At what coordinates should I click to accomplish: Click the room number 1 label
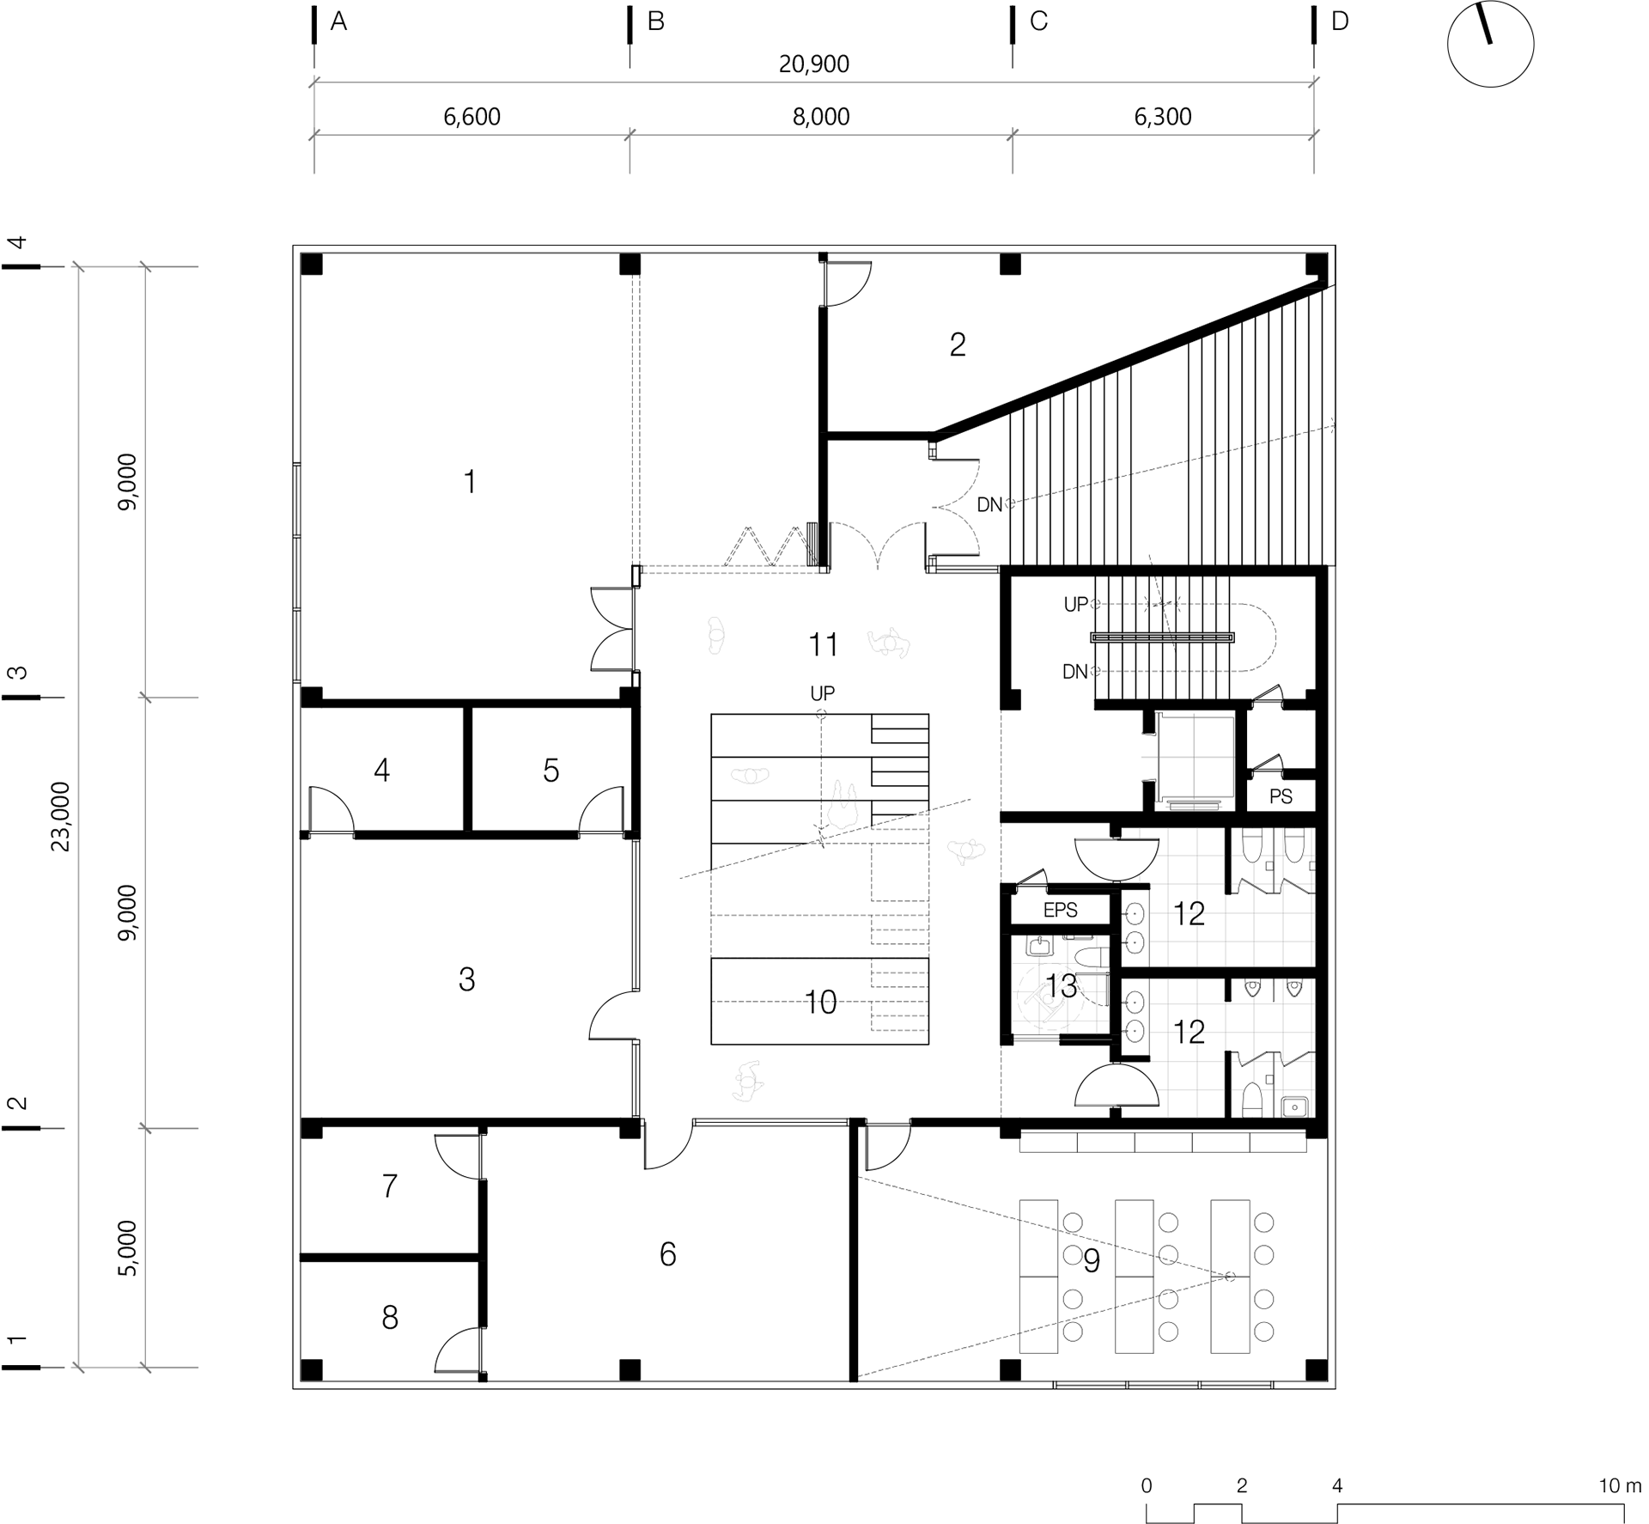(470, 482)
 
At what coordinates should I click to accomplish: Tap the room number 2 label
(958, 344)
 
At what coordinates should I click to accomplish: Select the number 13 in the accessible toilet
(1062, 986)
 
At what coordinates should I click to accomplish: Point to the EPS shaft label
(1060, 910)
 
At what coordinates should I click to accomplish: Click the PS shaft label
(1281, 796)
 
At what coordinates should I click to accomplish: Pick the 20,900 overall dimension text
(814, 64)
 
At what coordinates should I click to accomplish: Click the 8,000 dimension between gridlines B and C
(821, 117)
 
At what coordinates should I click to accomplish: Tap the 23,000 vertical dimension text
(61, 816)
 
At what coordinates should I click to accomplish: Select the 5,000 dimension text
(127, 1248)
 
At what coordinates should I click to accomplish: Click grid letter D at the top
(1340, 21)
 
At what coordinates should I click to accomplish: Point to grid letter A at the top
(338, 21)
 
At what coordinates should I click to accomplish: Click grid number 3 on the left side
(18, 673)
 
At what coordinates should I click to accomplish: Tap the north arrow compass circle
(1490, 44)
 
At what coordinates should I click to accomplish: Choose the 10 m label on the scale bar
(1620, 1485)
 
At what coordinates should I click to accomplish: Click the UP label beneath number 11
(822, 692)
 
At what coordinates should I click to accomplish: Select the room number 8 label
(390, 1317)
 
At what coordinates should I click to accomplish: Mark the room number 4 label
(381, 770)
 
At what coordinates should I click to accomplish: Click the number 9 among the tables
(1091, 1260)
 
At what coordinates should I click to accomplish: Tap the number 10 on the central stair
(820, 1002)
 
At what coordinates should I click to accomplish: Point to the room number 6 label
(667, 1254)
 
